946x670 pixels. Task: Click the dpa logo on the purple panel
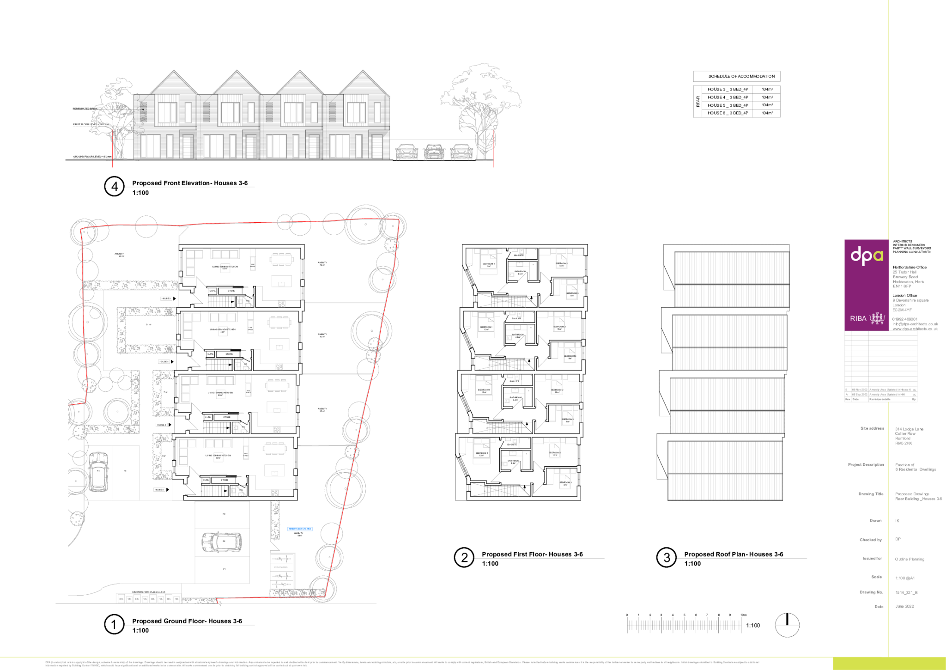[867, 255]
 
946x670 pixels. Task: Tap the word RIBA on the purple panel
[858, 318]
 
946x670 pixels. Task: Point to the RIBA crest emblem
[877, 318]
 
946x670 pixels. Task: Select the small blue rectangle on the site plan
[300, 529]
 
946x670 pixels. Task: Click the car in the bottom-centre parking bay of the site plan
[222, 542]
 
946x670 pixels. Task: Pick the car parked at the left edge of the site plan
[98, 471]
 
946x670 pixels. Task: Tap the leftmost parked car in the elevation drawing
[406, 152]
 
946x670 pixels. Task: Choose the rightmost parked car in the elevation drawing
[461, 152]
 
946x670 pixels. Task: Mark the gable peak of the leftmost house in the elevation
[174, 73]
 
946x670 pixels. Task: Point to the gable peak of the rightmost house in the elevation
[363, 73]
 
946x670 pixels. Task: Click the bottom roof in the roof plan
[725, 470]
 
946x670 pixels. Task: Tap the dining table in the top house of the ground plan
[281, 259]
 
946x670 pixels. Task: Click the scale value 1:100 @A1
[904, 578]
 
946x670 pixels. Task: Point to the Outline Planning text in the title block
[910, 559]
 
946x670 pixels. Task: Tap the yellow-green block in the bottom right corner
[889, 664]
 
